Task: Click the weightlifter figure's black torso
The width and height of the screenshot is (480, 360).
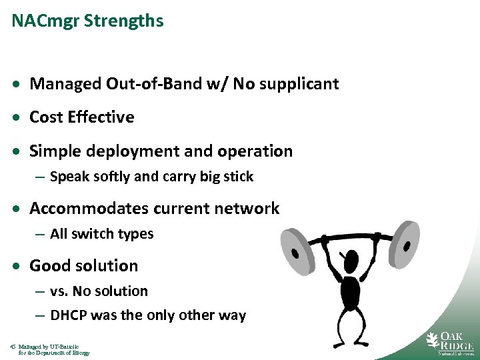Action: point(349,290)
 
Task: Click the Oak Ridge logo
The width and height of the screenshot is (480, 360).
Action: point(450,342)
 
